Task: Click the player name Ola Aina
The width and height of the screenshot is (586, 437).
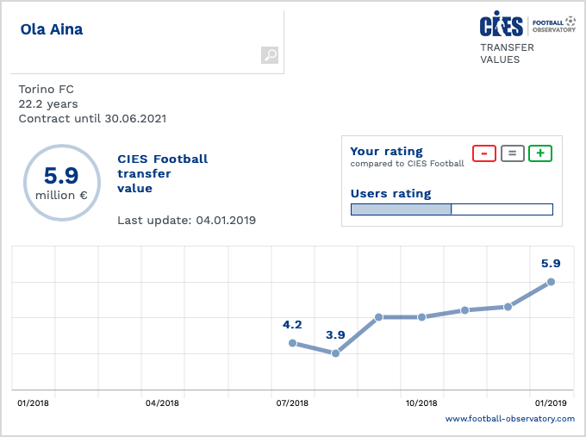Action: tap(52, 30)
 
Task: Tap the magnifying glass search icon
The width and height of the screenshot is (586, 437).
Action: tap(270, 55)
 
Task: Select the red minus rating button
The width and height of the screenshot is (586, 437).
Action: tap(484, 153)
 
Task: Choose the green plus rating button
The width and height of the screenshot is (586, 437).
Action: tap(540, 153)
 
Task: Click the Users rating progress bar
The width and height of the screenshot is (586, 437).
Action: tap(452, 209)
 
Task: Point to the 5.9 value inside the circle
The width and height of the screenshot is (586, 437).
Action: tap(61, 176)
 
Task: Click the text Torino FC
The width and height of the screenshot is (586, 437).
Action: tap(46, 88)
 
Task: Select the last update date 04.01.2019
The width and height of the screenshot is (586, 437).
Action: tap(226, 220)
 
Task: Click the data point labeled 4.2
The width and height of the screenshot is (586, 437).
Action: tap(292, 343)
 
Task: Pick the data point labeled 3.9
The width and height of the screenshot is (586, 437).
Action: tap(335, 353)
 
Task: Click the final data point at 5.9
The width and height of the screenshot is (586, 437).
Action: tap(551, 282)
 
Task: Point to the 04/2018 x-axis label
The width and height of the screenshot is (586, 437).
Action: tap(162, 403)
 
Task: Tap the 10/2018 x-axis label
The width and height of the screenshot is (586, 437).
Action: tap(421, 403)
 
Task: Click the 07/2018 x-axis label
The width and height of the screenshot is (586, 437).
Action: tap(292, 403)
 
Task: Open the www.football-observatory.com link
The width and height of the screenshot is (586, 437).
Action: tap(509, 419)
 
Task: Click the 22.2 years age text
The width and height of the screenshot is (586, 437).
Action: tap(47, 103)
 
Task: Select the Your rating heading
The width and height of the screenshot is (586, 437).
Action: tap(387, 152)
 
